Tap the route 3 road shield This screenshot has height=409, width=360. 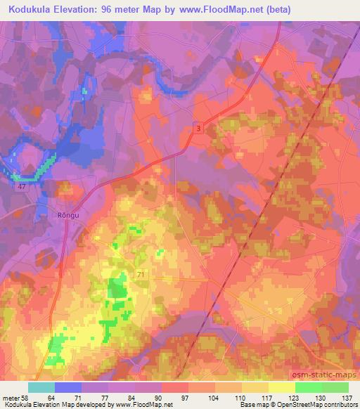pyautogui.click(x=199, y=127)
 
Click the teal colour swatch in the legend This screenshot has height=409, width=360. pyautogui.click(x=41, y=387)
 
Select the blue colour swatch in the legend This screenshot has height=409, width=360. pyautogui.click(x=68, y=387)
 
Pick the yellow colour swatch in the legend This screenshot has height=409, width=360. pyautogui.click(x=281, y=387)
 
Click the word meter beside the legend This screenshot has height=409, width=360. pyautogui.click(x=11, y=396)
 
